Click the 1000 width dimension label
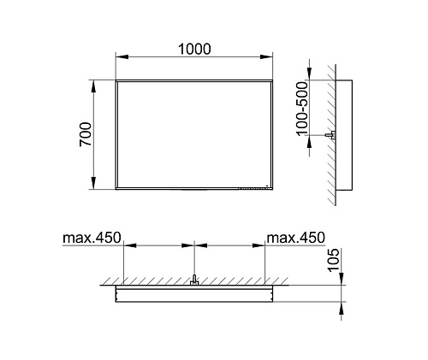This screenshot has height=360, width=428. coord(194,49)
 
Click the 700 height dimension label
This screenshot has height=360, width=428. coord(86,134)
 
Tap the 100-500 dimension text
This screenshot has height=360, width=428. coord(302,109)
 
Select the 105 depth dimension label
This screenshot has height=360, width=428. coord(333,260)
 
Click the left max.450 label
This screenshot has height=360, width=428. coord(92,238)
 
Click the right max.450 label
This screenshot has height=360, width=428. coord(295,238)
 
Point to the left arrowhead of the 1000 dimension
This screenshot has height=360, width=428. coord(122,57)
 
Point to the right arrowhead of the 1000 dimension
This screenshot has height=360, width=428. coord(266,57)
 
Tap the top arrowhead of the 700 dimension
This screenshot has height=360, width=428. coord(93,86)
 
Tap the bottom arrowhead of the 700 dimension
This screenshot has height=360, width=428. coord(93,183)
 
